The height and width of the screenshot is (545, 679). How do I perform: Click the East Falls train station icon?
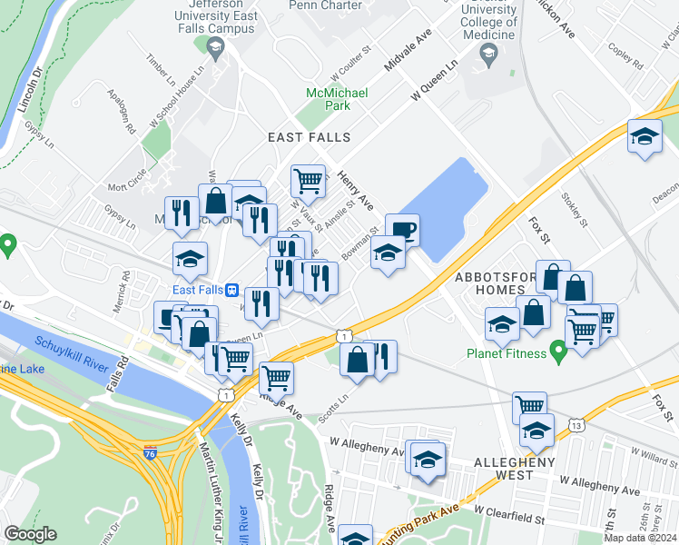[233, 290]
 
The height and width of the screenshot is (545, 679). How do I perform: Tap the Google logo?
[31, 534]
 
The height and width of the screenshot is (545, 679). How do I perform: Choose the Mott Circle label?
[127, 185]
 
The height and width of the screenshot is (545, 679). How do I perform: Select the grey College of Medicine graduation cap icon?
[487, 57]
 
